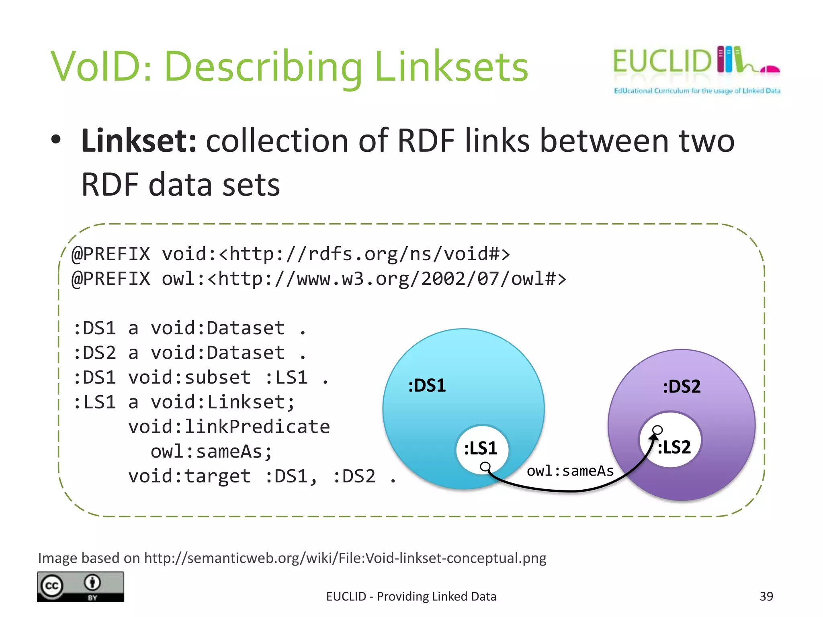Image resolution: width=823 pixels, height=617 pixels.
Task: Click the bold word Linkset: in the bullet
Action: click(x=139, y=141)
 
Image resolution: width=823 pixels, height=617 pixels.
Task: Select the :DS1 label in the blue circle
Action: click(x=427, y=386)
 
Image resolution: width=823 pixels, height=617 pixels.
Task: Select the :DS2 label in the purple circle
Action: click(x=682, y=387)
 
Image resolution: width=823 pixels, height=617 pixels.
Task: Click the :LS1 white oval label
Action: click(x=481, y=448)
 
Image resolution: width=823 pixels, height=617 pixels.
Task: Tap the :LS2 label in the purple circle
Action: click(x=674, y=447)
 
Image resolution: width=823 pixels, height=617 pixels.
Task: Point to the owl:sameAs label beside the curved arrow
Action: click(x=570, y=471)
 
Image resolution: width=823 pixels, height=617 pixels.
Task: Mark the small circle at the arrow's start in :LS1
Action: click(x=485, y=466)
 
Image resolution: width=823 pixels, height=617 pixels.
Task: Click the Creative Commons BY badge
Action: click(x=80, y=586)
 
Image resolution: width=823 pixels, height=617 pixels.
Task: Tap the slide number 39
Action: click(x=766, y=597)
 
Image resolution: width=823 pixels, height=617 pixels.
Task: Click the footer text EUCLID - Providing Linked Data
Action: click(x=411, y=597)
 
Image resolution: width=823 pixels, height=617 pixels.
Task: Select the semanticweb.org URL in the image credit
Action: click(x=345, y=558)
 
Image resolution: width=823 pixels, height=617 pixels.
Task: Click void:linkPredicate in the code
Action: click(x=229, y=427)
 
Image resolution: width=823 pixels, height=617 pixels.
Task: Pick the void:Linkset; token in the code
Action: click(x=223, y=402)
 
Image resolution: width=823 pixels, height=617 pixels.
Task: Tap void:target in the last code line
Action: click(x=189, y=476)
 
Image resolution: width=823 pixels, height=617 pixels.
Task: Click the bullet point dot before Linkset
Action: click(x=56, y=140)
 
